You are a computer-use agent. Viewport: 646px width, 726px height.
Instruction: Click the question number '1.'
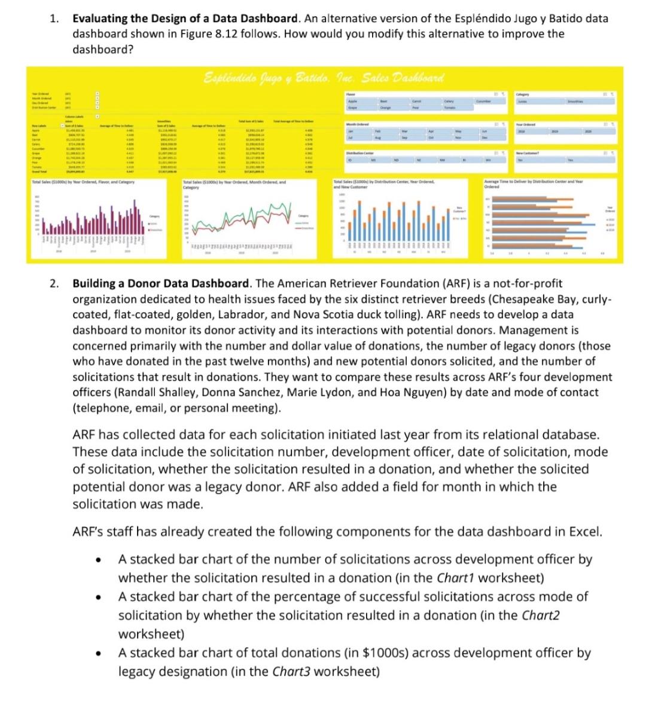point(54,19)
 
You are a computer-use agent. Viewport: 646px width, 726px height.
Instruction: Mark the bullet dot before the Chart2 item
point(96,597)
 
